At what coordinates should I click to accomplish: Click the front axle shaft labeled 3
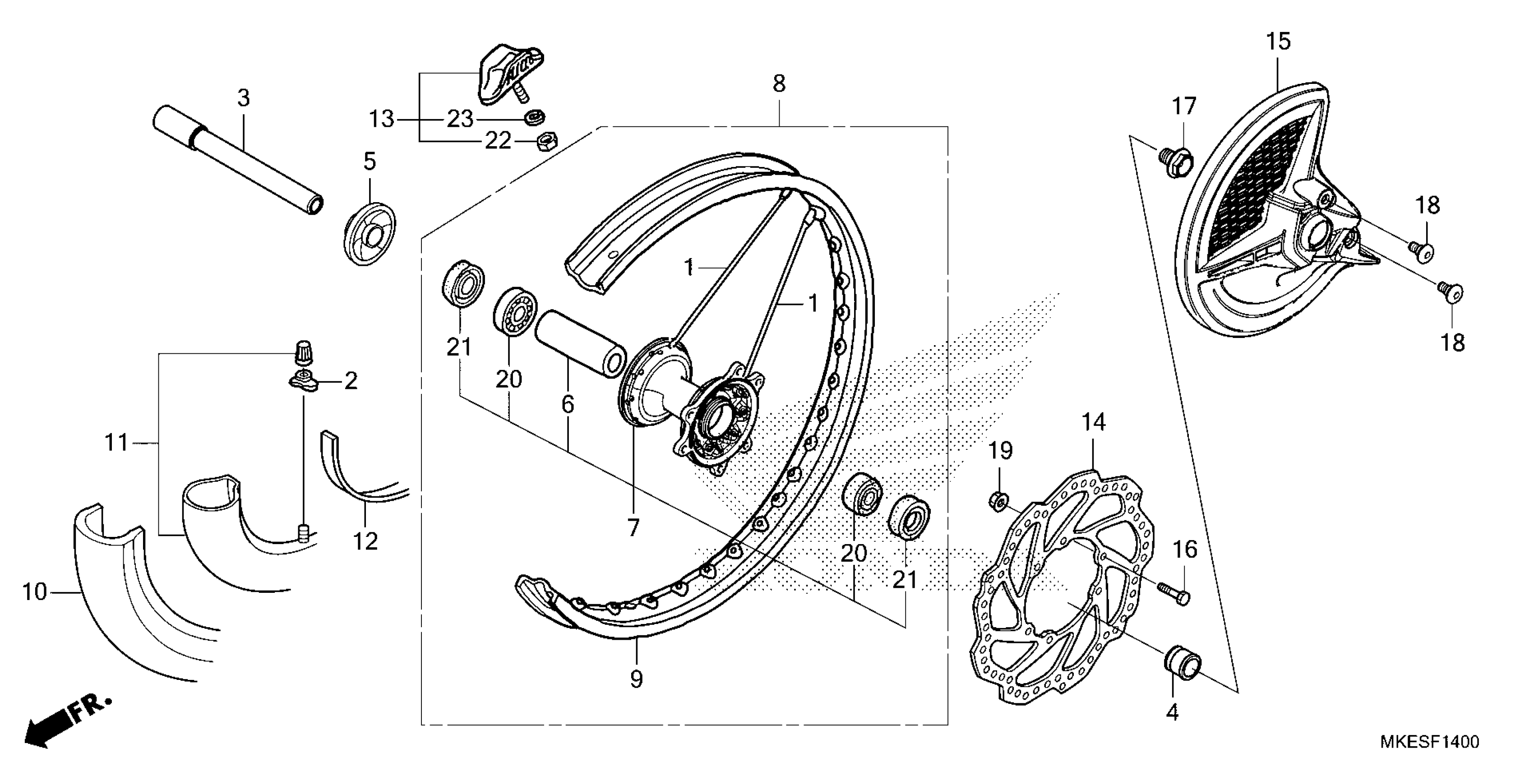[238, 161]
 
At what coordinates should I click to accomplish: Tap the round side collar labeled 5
[370, 233]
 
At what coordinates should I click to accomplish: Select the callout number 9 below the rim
[636, 679]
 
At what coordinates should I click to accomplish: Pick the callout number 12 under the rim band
[365, 541]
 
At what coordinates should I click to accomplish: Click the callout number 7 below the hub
[633, 527]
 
